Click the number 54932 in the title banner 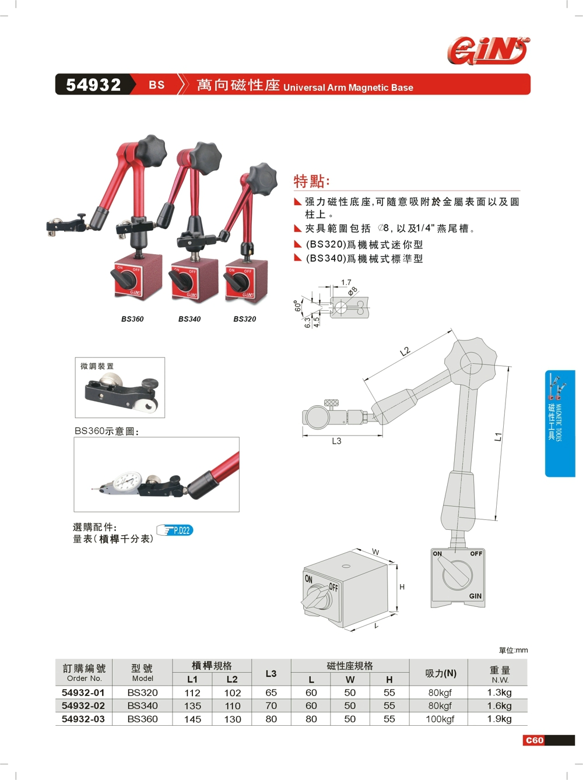(93, 85)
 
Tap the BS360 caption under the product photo (132, 319)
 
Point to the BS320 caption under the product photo (245, 319)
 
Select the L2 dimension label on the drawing (405, 352)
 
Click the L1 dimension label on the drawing (498, 436)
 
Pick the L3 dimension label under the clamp (336, 441)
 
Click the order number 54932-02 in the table (83, 705)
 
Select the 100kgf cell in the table (440, 719)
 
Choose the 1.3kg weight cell (499, 692)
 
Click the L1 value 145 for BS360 (192, 719)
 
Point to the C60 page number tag (535, 740)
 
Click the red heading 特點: (311, 181)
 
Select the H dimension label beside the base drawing (402, 586)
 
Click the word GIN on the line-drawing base (475, 596)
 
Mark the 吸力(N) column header (441, 673)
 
